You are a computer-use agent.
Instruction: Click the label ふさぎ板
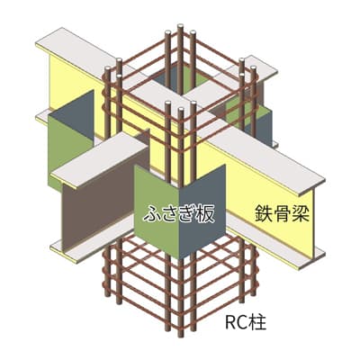click(179, 214)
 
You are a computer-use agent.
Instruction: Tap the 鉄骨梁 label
click(283, 213)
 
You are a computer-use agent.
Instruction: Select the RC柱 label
click(246, 323)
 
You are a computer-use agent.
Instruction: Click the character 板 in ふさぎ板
click(206, 214)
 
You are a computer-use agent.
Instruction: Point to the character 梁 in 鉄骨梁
click(301, 213)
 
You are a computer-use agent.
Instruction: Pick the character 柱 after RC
click(258, 323)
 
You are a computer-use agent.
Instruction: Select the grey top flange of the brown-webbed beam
click(101, 160)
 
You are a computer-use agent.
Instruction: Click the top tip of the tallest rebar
click(180, 26)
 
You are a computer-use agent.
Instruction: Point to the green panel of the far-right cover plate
click(237, 110)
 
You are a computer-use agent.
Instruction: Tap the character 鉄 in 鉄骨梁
click(264, 213)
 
